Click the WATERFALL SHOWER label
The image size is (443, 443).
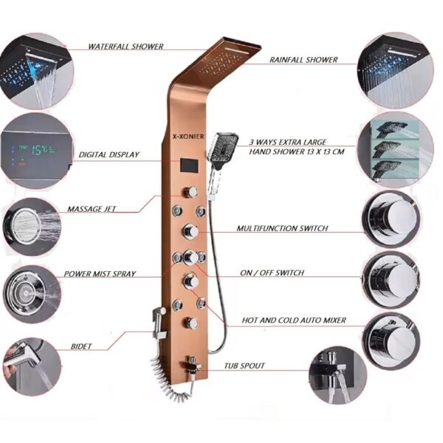126,47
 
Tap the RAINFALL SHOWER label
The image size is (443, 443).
303,60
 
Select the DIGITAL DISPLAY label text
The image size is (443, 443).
109,155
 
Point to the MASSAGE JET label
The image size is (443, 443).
92,209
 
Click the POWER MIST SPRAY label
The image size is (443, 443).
100,274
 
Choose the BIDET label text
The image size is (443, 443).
81,346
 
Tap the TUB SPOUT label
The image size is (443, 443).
244,366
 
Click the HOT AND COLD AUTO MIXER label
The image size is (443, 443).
294,320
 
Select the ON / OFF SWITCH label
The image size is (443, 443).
272,272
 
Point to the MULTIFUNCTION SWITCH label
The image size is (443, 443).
282,228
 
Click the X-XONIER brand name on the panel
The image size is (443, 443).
188,137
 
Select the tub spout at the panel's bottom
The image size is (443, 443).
192,367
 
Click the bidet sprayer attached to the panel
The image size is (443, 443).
159,322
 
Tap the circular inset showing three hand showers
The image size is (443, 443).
396,149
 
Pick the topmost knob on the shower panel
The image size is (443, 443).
191,192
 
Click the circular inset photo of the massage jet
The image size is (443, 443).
32,227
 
